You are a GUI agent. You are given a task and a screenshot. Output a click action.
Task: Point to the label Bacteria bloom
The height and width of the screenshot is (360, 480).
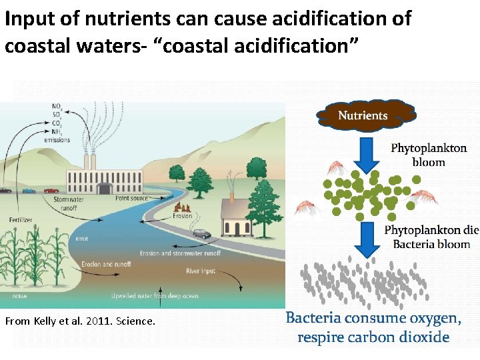click(431, 244)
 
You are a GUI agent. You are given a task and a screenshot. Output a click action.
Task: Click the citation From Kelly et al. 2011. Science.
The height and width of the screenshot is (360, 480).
click(80, 321)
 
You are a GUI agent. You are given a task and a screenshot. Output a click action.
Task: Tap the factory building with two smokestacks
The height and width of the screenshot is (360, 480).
click(103, 175)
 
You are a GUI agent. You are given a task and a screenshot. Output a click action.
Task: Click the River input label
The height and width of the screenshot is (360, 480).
click(201, 271)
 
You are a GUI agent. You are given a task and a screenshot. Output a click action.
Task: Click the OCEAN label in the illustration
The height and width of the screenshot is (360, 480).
click(19, 296)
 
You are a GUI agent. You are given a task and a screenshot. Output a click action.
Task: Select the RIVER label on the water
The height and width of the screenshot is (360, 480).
click(81, 239)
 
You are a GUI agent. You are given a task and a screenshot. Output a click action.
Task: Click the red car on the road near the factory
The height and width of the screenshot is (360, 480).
click(51, 190)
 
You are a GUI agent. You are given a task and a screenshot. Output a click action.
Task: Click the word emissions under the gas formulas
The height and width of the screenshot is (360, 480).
click(57, 139)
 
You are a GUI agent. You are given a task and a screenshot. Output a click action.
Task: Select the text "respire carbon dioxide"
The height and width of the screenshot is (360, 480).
click(373, 337)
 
